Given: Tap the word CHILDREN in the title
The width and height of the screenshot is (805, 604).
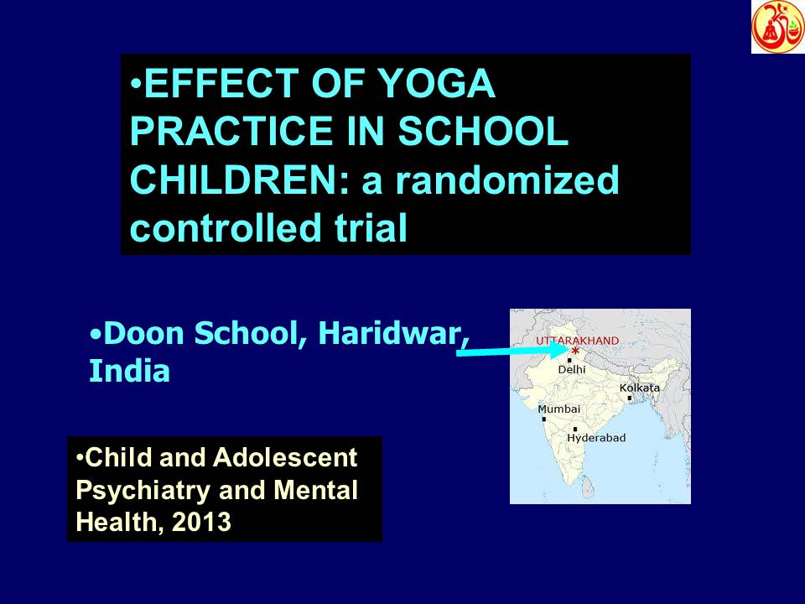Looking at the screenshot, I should [x=231, y=180].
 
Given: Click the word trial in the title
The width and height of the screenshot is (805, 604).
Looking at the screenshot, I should [x=368, y=227].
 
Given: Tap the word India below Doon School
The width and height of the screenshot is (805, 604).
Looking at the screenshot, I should [x=129, y=371].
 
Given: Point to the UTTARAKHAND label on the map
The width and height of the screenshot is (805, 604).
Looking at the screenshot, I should [x=577, y=341].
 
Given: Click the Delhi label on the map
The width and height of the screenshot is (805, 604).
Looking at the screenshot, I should [x=572, y=369].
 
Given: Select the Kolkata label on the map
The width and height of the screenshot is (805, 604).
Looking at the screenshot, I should [x=639, y=388].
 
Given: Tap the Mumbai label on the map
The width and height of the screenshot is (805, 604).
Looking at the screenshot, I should [x=558, y=409].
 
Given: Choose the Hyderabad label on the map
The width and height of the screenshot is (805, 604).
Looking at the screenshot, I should [x=596, y=438].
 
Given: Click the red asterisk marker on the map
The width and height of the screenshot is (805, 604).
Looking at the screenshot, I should [x=575, y=351].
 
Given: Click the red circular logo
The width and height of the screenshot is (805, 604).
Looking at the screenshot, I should [x=777, y=26].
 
